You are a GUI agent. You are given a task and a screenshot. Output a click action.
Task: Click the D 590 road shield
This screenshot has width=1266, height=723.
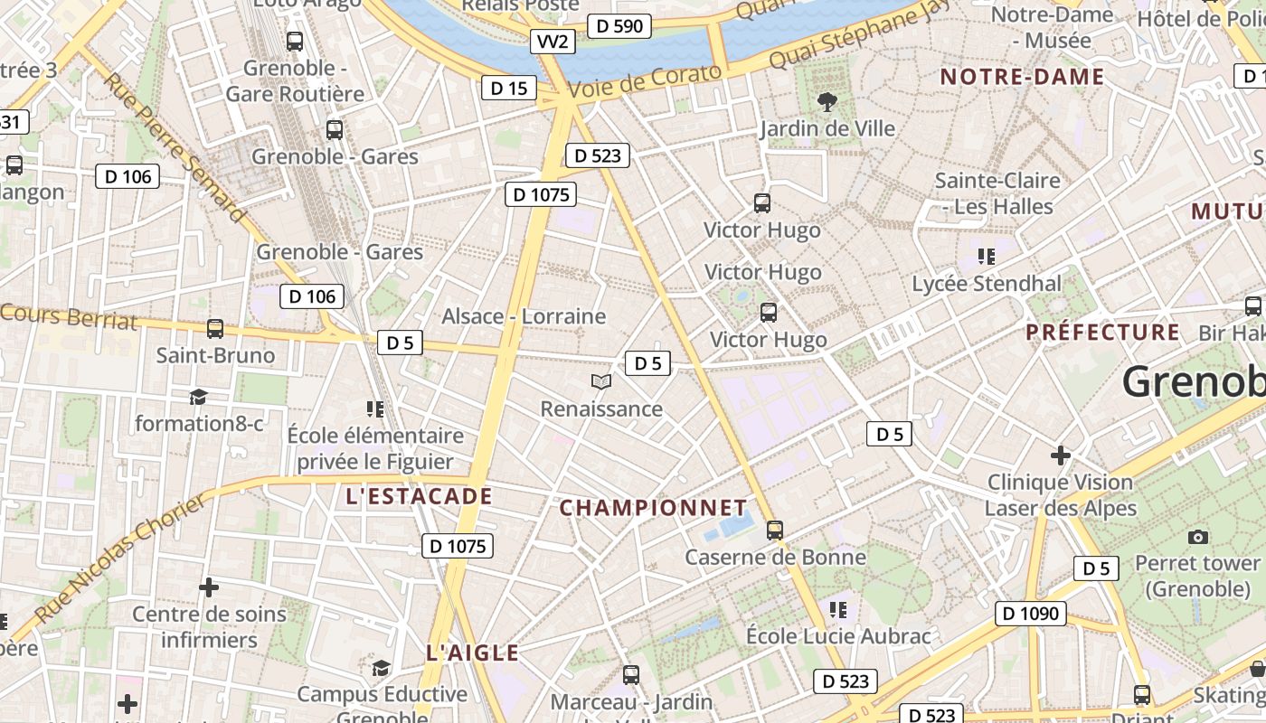point(620,26)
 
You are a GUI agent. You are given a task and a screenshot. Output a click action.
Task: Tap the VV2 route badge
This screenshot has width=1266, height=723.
point(553,42)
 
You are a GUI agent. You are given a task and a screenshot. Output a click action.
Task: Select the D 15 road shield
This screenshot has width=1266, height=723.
point(508,88)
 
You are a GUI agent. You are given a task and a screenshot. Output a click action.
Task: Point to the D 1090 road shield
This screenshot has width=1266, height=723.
point(1031,614)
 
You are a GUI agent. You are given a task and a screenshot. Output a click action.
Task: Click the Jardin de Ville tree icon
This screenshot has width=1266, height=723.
point(826,101)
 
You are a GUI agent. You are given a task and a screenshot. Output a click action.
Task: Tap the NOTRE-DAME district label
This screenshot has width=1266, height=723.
point(1022,77)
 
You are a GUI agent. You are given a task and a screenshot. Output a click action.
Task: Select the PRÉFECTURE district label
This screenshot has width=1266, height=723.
point(1102,332)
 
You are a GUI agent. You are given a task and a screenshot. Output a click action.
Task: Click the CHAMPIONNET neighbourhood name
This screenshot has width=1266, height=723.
point(654,508)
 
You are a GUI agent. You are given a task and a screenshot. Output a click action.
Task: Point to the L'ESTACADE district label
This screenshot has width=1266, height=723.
point(419,496)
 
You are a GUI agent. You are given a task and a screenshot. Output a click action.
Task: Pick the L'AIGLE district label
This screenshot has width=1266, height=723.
point(472,653)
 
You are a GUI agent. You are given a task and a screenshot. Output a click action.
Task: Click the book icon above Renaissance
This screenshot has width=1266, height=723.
point(601,382)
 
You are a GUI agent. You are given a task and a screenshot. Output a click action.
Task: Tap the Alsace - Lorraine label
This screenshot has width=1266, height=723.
point(523,316)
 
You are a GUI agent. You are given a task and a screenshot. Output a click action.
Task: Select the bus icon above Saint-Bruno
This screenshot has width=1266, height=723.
point(215,329)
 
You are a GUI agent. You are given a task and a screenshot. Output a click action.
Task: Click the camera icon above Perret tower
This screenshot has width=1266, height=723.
point(1198,538)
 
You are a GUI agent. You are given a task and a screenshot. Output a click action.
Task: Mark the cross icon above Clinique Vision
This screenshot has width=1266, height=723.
point(1061,455)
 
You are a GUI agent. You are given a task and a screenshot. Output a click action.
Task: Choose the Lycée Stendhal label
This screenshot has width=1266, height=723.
point(987,284)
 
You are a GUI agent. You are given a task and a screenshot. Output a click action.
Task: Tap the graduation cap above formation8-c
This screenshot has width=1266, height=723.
point(198,397)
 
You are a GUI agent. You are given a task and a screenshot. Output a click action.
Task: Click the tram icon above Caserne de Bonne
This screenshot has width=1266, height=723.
point(775,531)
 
